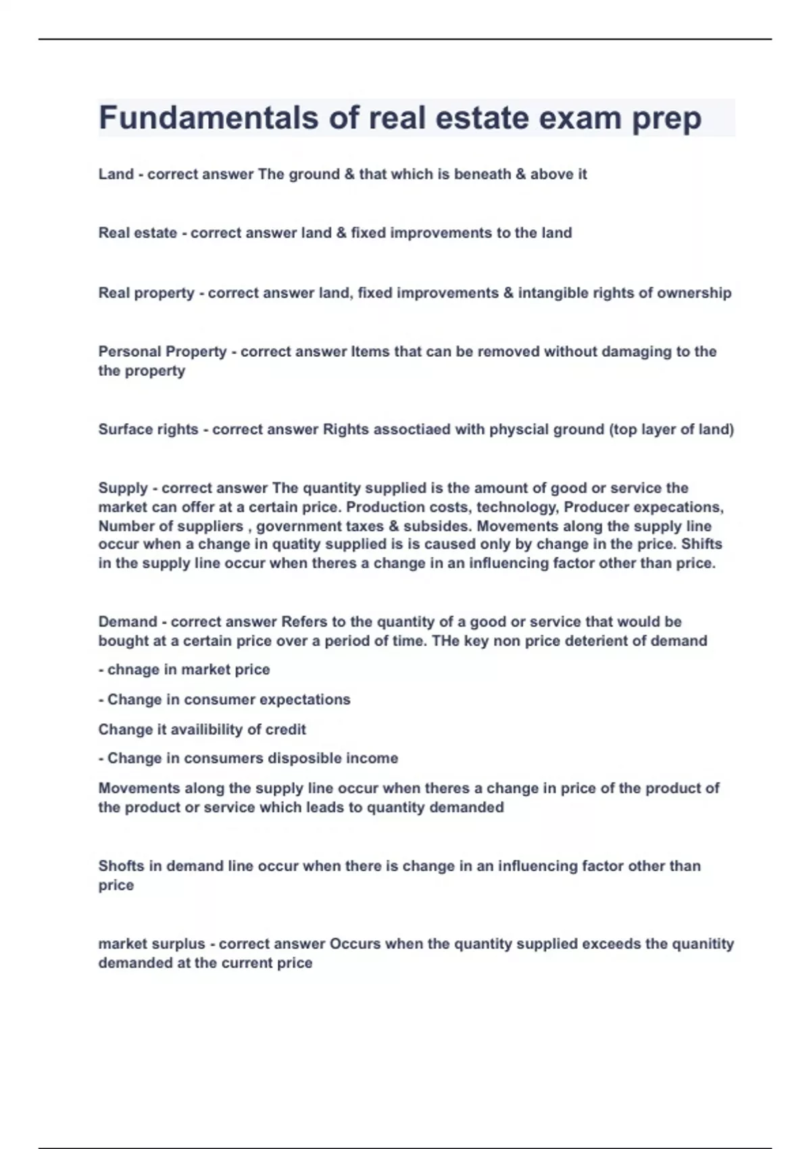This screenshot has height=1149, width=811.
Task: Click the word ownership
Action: point(694,293)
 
